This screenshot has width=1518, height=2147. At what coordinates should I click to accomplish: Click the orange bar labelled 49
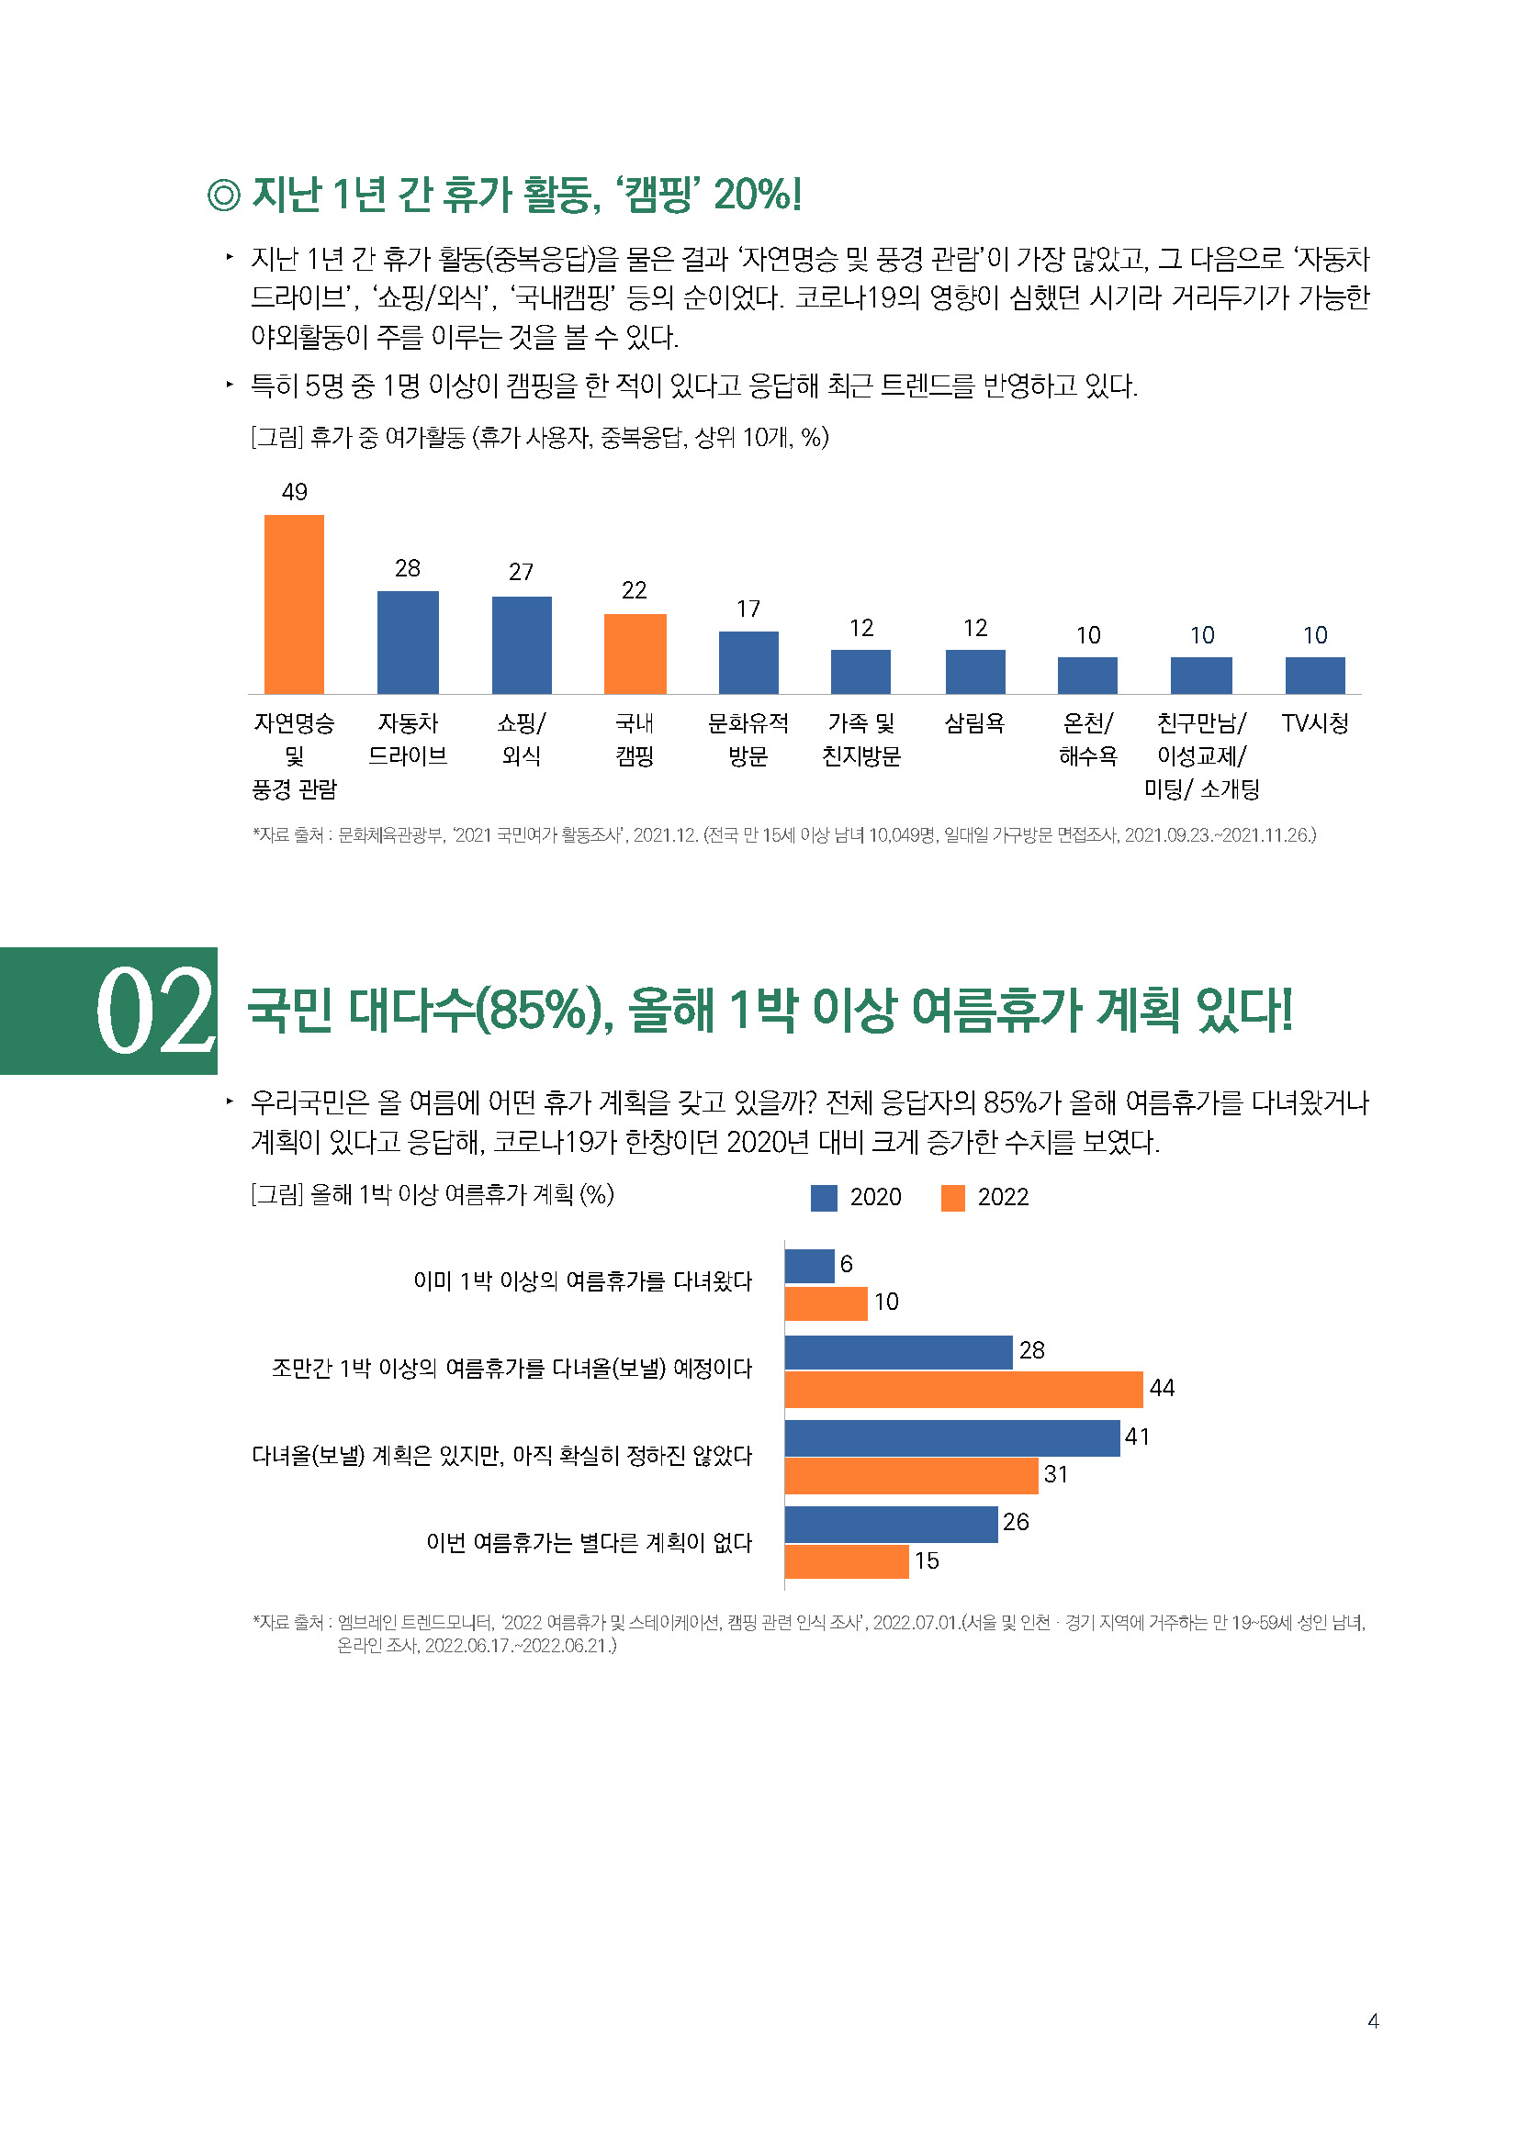pyautogui.click(x=294, y=604)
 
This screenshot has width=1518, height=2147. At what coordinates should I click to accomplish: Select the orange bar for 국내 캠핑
pyautogui.click(x=635, y=654)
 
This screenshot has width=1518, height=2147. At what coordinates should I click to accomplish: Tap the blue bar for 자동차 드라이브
pyautogui.click(x=408, y=643)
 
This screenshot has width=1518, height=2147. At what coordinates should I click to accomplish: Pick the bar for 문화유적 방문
pyautogui.click(x=748, y=662)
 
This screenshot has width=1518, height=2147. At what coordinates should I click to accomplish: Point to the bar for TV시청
pyautogui.click(x=1314, y=676)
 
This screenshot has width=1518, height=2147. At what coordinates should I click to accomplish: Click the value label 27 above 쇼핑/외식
pyautogui.click(x=521, y=572)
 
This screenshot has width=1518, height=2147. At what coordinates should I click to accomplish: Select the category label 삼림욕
pyautogui.click(x=973, y=722)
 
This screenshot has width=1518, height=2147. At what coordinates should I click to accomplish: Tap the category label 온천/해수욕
pyautogui.click(x=1087, y=739)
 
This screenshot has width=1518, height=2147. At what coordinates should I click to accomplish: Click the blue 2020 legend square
pyautogui.click(x=823, y=1198)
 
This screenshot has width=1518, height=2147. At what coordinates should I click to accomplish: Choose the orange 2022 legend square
pyautogui.click(x=952, y=1198)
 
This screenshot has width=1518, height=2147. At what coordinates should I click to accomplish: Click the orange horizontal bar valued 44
pyautogui.click(x=963, y=1389)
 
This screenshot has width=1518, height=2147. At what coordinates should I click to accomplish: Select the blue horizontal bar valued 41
pyautogui.click(x=951, y=1438)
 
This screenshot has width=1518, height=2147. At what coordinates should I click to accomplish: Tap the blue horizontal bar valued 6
pyautogui.click(x=809, y=1266)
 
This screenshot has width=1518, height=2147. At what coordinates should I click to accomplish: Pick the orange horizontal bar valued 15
pyautogui.click(x=847, y=1561)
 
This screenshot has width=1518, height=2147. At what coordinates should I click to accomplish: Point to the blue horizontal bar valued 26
pyautogui.click(x=891, y=1525)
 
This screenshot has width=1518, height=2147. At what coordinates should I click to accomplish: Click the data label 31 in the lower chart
pyautogui.click(x=1055, y=1475)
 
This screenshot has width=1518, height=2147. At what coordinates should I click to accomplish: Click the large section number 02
pyautogui.click(x=154, y=1011)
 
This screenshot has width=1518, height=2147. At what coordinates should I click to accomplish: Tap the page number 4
pyautogui.click(x=1372, y=2020)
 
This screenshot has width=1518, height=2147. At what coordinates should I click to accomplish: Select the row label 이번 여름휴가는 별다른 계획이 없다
pyautogui.click(x=589, y=1542)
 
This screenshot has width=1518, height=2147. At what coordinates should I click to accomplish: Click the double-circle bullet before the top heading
pyautogui.click(x=223, y=196)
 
